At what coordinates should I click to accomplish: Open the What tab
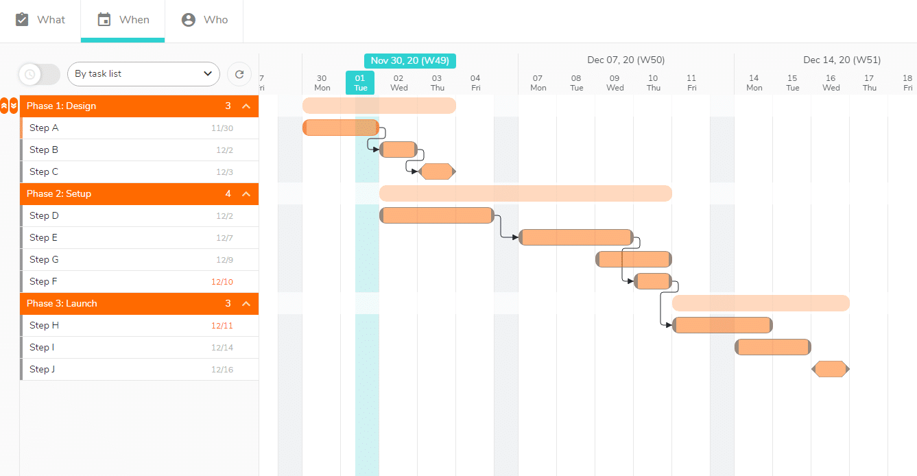[x=40, y=20]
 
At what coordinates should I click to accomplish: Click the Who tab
[x=204, y=20]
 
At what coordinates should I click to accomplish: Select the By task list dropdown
[x=143, y=74]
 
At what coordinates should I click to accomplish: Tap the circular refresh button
[x=239, y=74]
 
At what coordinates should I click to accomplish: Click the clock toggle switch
[x=39, y=74]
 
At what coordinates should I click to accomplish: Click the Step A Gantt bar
[x=341, y=128]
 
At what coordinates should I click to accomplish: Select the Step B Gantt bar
[x=398, y=150]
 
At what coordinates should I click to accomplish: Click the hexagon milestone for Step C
[x=437, y=171]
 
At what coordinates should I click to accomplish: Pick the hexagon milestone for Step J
[x=830, y=369]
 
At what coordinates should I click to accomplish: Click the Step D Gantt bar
[x=437, y=215]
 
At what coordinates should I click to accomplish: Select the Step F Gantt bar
[x=653, y=281]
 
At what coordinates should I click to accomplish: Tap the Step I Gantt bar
[x=773, y=347]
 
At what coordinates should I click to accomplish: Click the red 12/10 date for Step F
[x=222, y=282]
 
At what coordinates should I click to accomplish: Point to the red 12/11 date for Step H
[x=222, y=325]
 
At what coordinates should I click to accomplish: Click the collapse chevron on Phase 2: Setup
[x=246, y=194]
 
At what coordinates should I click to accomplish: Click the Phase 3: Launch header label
[x=62, y=303]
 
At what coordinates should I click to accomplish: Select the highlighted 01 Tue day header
[x=360, y=83]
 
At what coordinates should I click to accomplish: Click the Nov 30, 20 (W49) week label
[x=409, y=61]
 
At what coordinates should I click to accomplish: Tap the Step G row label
[x=44, y=259]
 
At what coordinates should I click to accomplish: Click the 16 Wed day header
[x=831, y=83]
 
